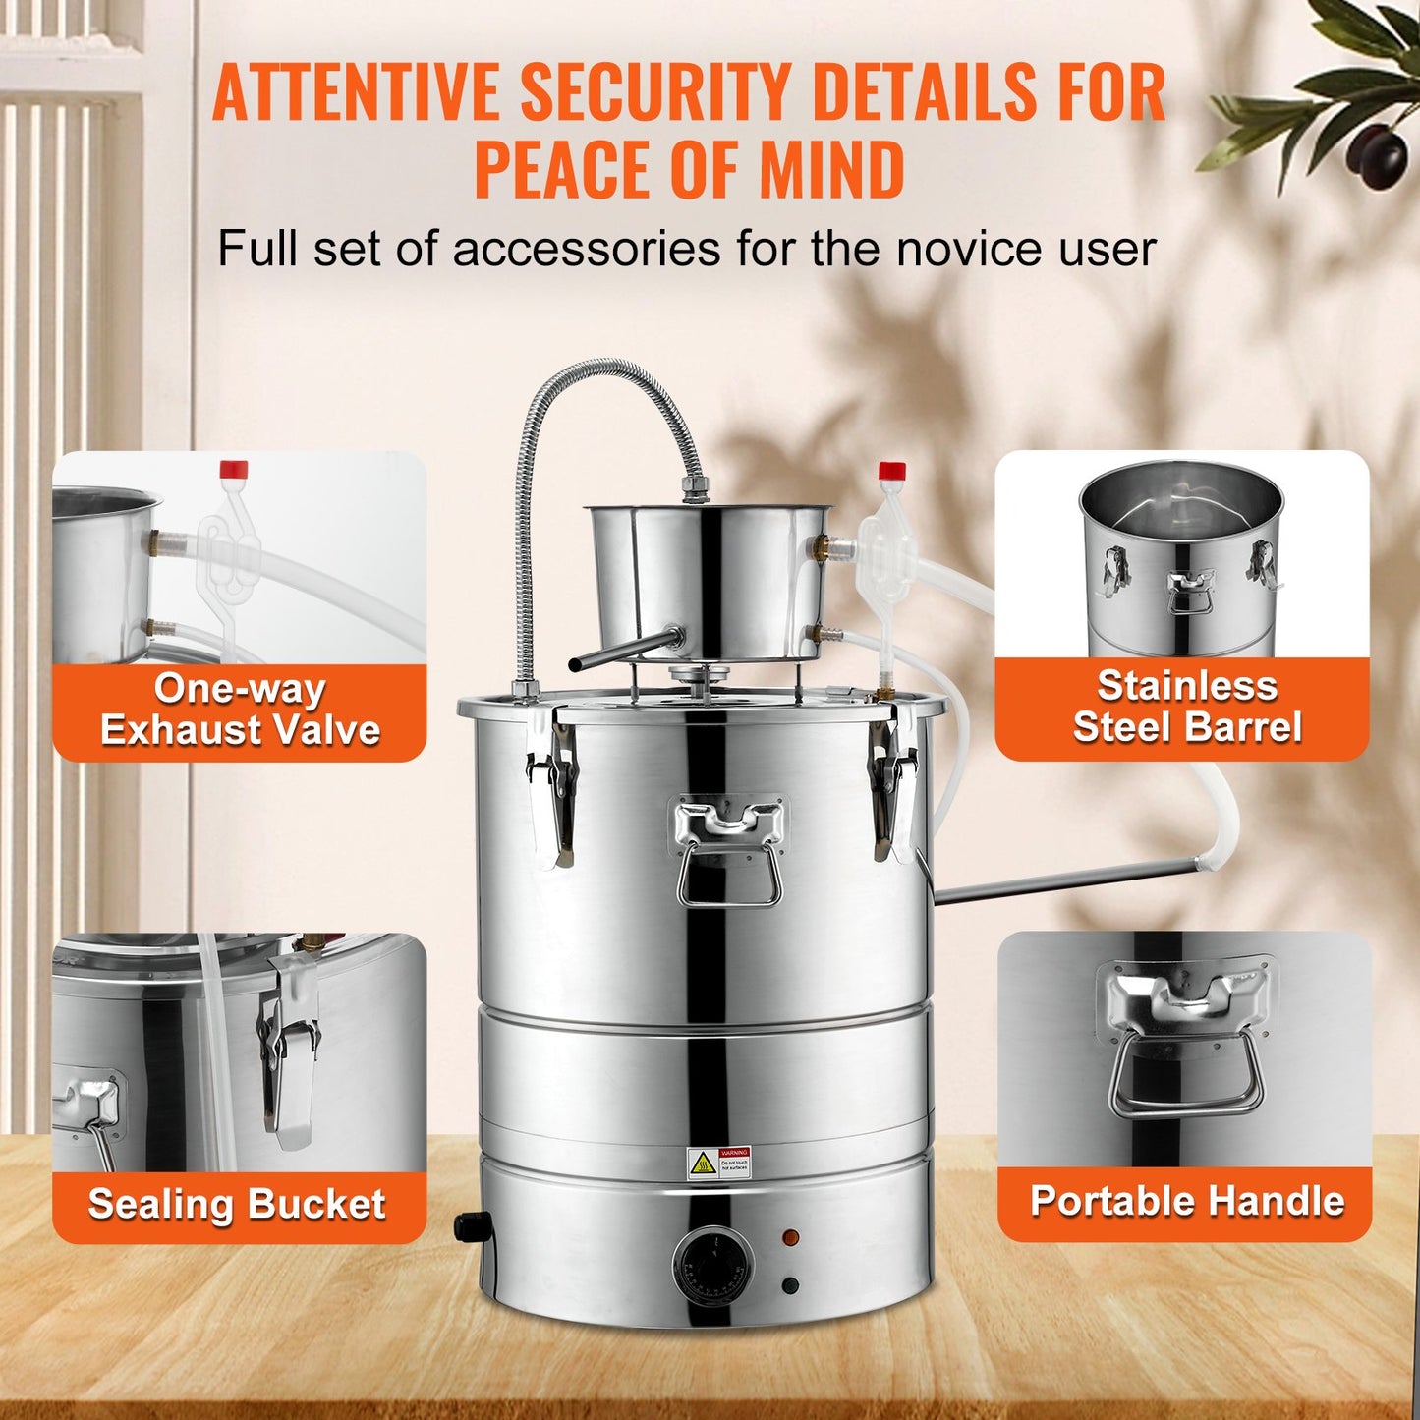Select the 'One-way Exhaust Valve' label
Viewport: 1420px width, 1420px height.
coord(240,710)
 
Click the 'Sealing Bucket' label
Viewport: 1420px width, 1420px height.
coord(237,1205)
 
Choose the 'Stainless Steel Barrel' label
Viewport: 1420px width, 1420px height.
coord(1186,707)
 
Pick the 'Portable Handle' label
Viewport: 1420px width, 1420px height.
coord(1186,1202)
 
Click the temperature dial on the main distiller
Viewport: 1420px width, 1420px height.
coord(713,1267)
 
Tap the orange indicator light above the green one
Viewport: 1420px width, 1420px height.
coord(788,1236)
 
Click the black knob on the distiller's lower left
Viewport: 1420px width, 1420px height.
coord(472,1226)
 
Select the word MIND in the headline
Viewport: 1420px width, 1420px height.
coord(831,169)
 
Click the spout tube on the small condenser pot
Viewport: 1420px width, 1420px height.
coord(624,651)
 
